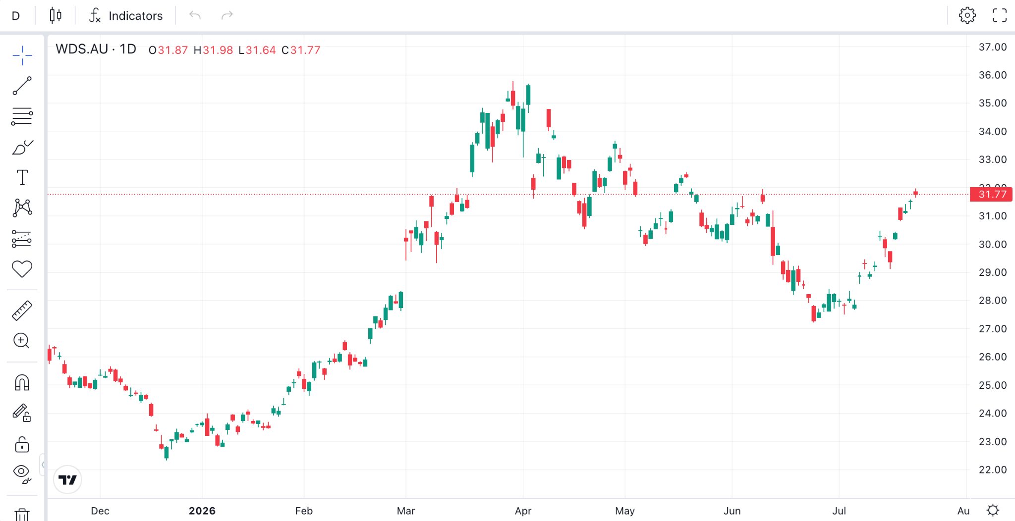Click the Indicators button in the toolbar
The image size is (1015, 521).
pos(126,16)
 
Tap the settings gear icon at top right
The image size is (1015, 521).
pos(967,15)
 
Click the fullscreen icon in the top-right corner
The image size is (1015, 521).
pos(1000,15)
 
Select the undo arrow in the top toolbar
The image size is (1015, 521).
pos(195,16)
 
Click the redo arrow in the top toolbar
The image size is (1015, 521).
pos(227,16)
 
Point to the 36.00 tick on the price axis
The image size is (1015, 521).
pos(992,75)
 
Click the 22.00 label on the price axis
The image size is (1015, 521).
pos(992,469)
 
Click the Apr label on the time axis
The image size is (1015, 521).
pos(523,511)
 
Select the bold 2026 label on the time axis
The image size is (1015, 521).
pos(202,511)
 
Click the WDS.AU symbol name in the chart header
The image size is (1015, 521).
pos(82,49)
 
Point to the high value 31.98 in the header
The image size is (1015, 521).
pos(218,50)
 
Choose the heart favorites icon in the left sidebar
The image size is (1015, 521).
pos(22,269)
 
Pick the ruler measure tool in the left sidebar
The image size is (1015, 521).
pos(22,311)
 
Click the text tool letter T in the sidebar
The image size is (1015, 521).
pos(22,177)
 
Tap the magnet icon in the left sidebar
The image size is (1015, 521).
pos(22,382)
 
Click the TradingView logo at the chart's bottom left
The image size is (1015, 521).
pos(67,479)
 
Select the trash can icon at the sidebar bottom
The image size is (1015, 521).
pos(22,515)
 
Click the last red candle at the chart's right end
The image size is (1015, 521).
pos(915,193)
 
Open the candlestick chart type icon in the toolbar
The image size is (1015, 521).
pos(56,16)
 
